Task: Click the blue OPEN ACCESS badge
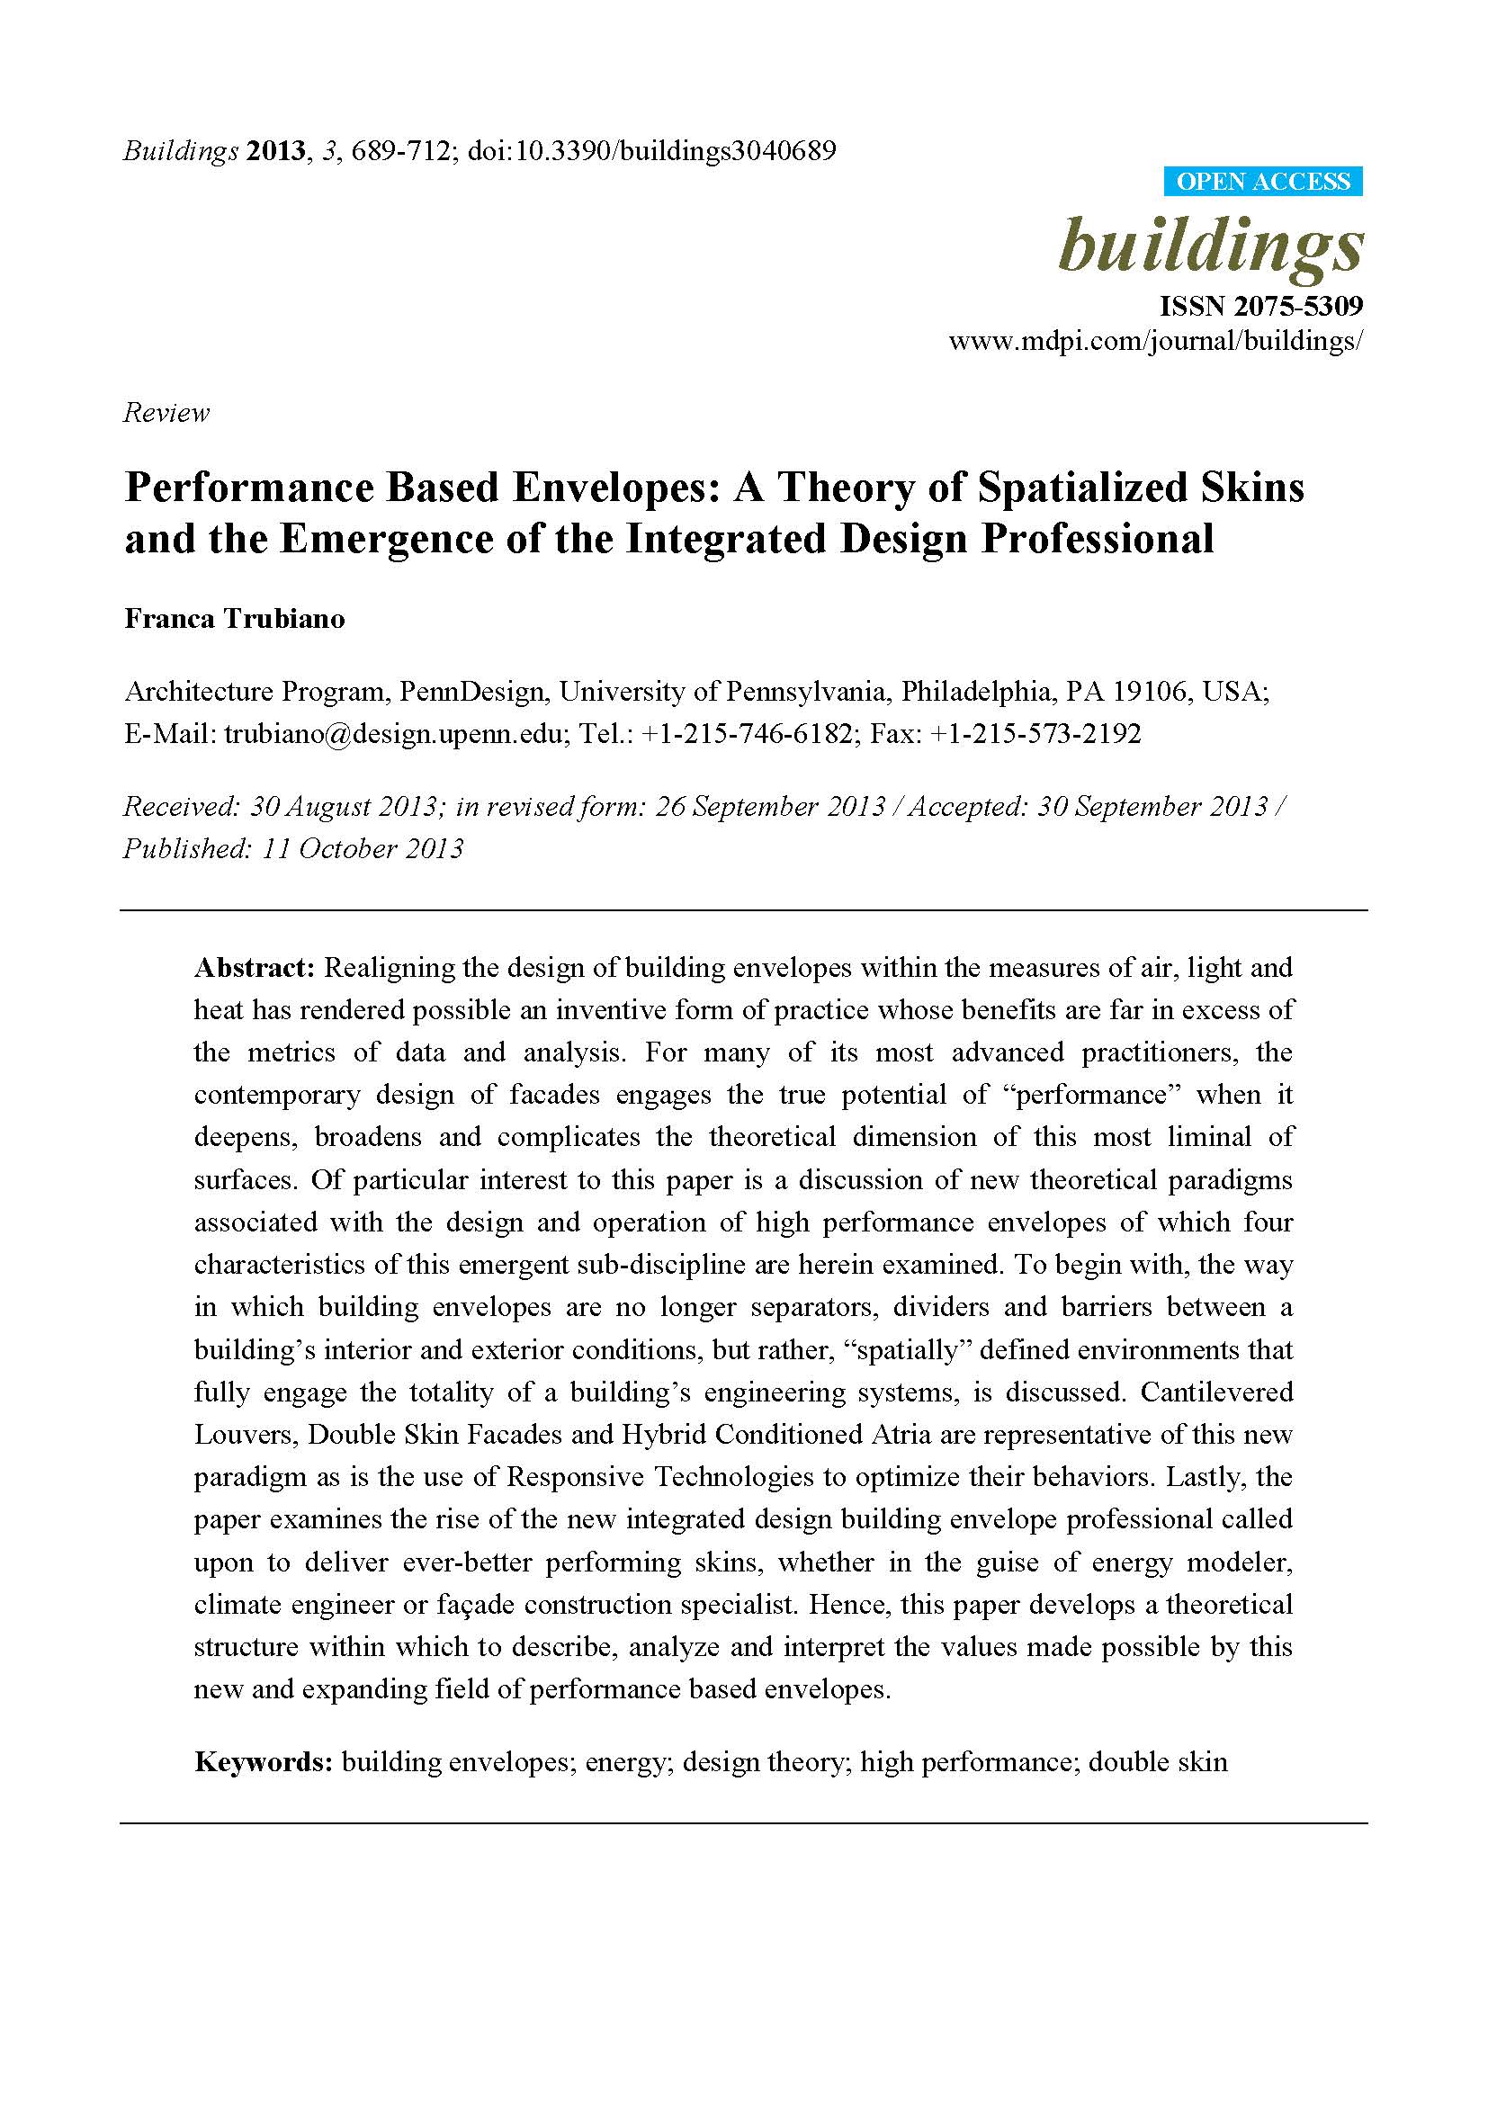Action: click(1262, 182)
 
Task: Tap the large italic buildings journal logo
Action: click(1210, 245)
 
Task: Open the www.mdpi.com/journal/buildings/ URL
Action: click(1155, 342)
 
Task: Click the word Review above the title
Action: click(166, 413)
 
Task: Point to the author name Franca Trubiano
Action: click(235, 619)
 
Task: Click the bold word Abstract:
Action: click(255, 968)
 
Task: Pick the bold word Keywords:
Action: click(263, 1762)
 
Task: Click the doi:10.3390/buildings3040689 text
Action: click(651, 151)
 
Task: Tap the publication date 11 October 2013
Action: click(363, 848)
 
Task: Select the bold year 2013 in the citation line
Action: click(275, 151)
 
